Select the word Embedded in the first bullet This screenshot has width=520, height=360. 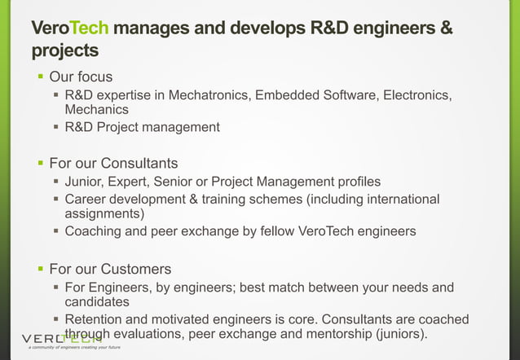point(287,96)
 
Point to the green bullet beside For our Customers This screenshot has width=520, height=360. point(39,269)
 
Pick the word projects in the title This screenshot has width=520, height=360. point(65,51)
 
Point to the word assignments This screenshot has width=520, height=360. point(104,213)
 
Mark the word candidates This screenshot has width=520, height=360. point(97,301)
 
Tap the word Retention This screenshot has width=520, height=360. point(95,319)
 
